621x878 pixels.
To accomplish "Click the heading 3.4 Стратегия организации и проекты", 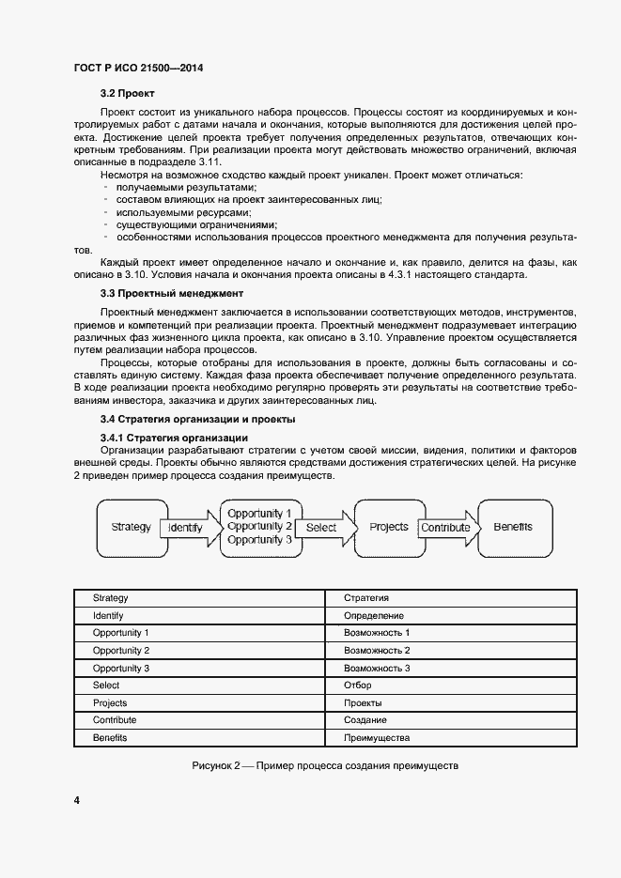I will pos(197,419).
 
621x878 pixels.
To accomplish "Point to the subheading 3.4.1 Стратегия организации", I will pos(174,438).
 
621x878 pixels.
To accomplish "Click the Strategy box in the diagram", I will pos(131,527).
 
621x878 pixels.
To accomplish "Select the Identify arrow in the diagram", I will pos(185,528).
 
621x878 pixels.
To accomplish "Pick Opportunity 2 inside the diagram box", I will pos(259,527).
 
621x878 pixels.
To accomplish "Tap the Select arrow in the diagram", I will pos(321,528).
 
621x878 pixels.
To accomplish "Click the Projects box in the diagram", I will pos(388,527).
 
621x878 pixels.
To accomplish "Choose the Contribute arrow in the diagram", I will pos(445,528).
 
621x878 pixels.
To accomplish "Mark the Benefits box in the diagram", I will pos(513,527).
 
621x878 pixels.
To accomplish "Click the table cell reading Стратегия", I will pos(366,598).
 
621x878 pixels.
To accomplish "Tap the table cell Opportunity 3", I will pos(121,669).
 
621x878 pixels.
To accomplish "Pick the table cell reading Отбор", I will pos(358,685).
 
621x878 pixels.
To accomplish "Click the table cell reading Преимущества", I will pos(377,738).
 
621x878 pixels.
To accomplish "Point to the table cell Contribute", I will pos(115,720).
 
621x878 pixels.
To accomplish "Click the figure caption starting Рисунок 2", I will pos(325,765).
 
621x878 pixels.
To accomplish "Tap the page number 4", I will pos(76,800).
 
